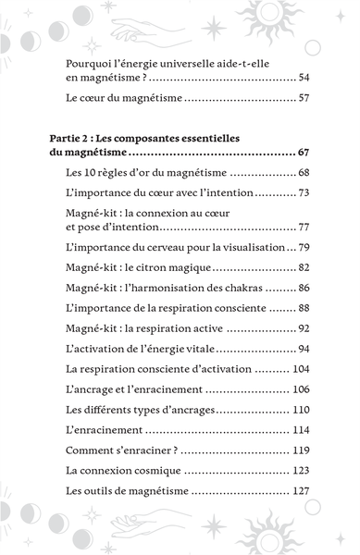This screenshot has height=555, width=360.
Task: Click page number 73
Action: click(304, 192)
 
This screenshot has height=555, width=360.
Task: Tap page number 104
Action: click(301, 368)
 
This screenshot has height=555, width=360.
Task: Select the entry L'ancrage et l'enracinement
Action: click(143, 388)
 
